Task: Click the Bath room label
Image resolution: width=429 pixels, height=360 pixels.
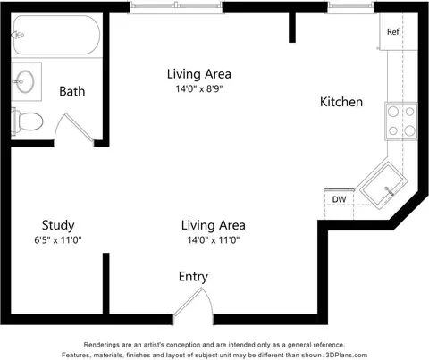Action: click(x=72, y=91)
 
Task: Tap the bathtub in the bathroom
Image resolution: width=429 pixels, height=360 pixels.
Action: click(x=57, y=35)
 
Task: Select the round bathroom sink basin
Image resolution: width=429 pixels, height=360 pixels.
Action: click(x=25, y=81)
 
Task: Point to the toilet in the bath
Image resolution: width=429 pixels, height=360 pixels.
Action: click(x=28, y=121)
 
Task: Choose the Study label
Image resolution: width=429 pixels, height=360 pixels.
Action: click(x=58, y=225)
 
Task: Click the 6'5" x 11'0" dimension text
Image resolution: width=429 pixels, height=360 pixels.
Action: click(x=58, y=239)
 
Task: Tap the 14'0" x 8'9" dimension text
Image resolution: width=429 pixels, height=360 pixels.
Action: click(x=199, y=88)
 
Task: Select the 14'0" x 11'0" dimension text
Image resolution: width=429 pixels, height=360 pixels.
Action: click(x=214, y=239)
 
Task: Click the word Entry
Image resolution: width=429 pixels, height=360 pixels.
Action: click(x=193, y=277)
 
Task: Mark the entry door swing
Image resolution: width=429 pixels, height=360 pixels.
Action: click(x=194, y=302)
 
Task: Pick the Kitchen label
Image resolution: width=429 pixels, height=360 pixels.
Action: click(x=341, y=102)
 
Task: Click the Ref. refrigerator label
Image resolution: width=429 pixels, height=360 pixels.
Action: click(x=393, y=31)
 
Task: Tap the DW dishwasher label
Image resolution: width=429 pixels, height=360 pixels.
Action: click(x=339, y=199)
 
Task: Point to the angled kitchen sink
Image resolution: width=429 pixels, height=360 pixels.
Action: click(x=383, y=185)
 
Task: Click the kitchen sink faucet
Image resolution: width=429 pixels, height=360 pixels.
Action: click(x=389, y=191)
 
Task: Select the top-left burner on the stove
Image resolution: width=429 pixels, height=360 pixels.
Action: click(x=393, y=112)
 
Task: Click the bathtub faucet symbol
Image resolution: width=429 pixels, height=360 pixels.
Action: click(x=18, y=35)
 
